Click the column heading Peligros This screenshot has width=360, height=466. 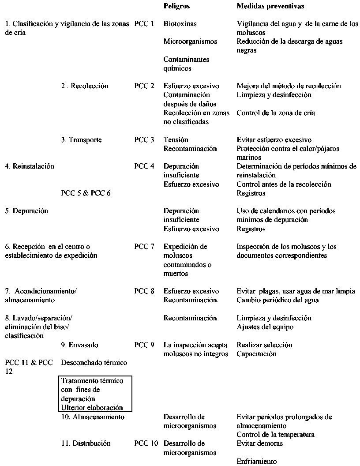point(176,7)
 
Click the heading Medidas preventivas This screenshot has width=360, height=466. point(270,7)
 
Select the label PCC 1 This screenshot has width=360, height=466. point(144,24)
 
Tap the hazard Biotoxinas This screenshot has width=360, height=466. point(180,24)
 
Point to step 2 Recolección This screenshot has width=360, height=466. point(85,86)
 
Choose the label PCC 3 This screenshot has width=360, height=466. point(144,140)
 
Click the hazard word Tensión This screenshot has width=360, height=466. point(176,140)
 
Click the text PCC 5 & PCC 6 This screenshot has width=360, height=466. point(86,193)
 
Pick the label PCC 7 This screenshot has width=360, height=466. point(144,247)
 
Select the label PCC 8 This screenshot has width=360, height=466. point(144,291)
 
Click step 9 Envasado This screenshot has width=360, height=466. point(80,345)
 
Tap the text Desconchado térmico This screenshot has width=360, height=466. point(94,363)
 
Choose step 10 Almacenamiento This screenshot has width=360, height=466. point(93,417)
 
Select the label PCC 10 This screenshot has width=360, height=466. point(146,443)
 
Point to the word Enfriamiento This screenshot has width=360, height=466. point(257,462)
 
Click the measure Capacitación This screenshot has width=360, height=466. point(256,354)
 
